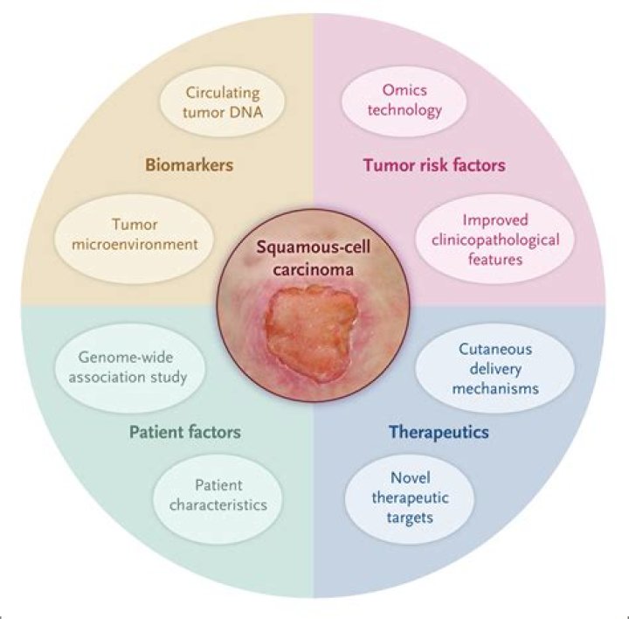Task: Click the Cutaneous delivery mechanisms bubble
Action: pos(485,367)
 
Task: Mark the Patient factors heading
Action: pos(184,432)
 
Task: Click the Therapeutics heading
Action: pos(438,432)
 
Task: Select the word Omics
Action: pos(403,90)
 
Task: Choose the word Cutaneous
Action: pos(485,349)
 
